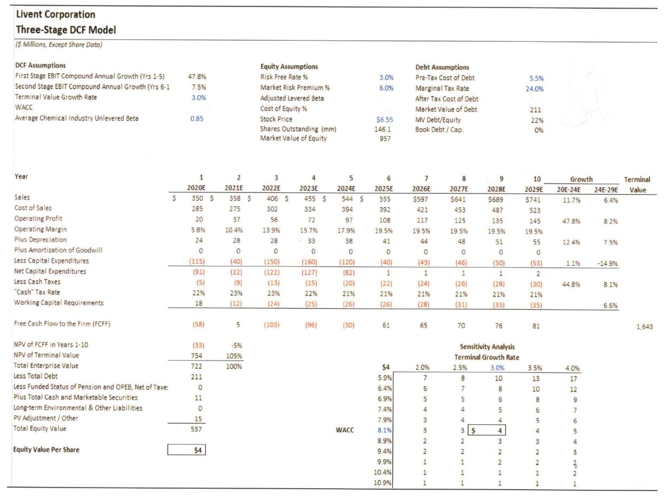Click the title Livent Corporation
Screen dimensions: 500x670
click(x=56, y=15)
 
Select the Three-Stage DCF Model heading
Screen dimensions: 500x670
click(x=66, y=30)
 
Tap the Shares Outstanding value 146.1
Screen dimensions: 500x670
click(x=383, y=129)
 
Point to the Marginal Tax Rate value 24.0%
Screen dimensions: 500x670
click(x=534, y=89)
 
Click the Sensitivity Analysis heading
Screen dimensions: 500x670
click(x=487, y=346)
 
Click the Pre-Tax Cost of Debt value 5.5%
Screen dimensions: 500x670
click(x=536, y=78)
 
